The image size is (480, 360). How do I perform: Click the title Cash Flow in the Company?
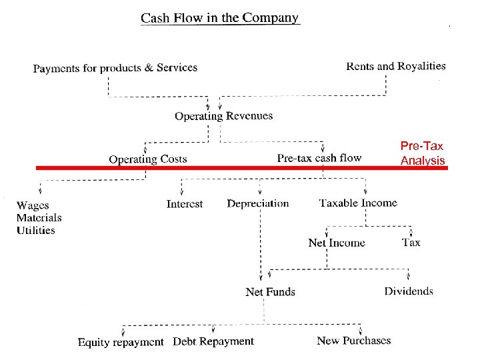pyautogui.click(x=220, y=18)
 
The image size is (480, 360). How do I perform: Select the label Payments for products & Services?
pyautogui.click(x=115, y=68)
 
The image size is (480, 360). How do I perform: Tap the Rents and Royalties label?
pyautogui.click(x=396, y=66)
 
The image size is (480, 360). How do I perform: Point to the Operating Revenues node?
pyautogui.click(x=223, y=116)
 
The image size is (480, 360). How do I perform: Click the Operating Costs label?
pyautogui.click(x=148, y=159)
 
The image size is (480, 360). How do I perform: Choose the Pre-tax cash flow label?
pyautogui.click(x=319, y=158)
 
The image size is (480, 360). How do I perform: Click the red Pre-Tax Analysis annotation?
pyautogui.click(x=422, y=153)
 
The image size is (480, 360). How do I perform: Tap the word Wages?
pyautogui.click(x=33, y=205)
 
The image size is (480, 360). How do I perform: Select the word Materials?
pyautogui.click(x=39, y=217)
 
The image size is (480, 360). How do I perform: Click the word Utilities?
pyautogui.click(x=36, y=230)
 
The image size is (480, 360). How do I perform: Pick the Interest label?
pyautogui.click(x=185, y=204)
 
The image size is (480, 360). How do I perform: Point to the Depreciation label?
pyautogui.click(x=258, y=203)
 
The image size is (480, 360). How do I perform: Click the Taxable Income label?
pyautogui.click(x=358, y=203)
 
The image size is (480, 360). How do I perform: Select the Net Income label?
pyautogui.click(x=337, y=243)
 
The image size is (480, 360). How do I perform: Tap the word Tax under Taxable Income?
pyautogui.click(x=411, y=242)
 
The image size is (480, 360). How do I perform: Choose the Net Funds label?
pyautogui.click(x=270, y=291)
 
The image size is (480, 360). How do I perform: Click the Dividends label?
pyautogui.click(x=409, y=291)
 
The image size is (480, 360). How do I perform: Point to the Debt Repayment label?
pyautogui.click(x=213, y=341)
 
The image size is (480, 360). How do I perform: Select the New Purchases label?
pyautogui.click(x=354, y=341)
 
